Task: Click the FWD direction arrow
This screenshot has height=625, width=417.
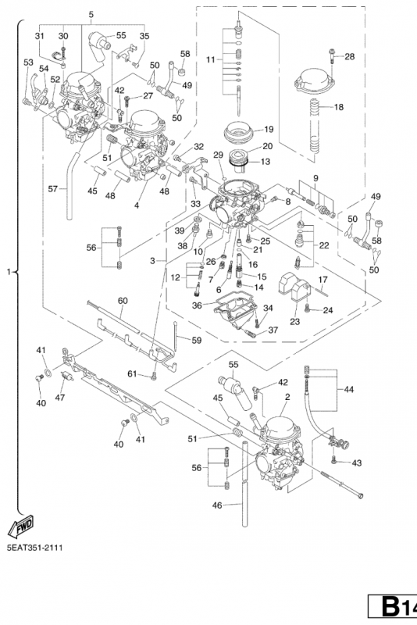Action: point(21,525)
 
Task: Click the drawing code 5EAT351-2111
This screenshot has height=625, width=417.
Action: point(34,548)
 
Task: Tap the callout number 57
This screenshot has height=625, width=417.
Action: point(53,189)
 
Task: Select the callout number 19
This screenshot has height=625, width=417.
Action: point(269,129)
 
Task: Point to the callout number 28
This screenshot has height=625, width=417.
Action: point(349,56)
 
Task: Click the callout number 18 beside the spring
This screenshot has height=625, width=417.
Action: point(339,107)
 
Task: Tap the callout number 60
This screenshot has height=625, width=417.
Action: point(123,301)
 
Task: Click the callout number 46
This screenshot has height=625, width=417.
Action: point(217,505)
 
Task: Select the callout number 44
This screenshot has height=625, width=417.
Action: point(348,389)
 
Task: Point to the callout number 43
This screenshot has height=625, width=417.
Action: point(356,463)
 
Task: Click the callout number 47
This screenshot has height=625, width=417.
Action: point(60,398)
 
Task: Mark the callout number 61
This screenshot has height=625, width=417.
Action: point(132,374)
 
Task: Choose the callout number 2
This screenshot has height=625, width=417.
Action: point(287,397)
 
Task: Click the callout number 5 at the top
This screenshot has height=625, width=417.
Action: point(91,15)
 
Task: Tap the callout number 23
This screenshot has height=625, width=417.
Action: point(294,321)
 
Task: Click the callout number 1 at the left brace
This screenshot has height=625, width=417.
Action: point(9,272)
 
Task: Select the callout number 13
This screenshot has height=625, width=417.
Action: point(266,162)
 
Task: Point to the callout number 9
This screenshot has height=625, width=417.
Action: point(315,178)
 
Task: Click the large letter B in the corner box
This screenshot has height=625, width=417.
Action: point(390,607)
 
